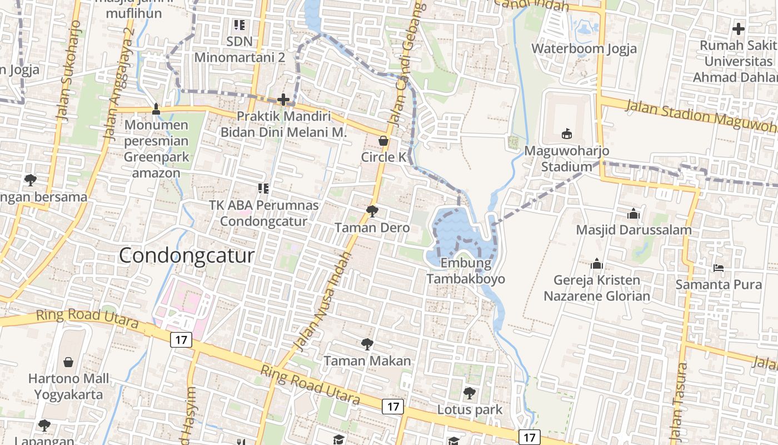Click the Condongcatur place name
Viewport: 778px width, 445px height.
click(187, 256)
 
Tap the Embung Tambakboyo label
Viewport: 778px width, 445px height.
click(466, 271)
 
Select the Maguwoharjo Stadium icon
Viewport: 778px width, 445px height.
click(566, 133)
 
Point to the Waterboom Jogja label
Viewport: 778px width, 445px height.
click(584, 48)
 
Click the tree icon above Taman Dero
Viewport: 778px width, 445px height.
click(372, 211)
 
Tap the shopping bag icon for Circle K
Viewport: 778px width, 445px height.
click(383, 141)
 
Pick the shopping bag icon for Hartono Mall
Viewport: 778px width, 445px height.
click(68, 363)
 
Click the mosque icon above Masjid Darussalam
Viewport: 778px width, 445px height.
click(633, 214)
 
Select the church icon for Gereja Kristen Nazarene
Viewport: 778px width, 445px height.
click(597, 264)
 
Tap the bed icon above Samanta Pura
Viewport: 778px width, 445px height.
click(718, 268)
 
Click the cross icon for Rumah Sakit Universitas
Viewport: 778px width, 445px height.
click(738, 29)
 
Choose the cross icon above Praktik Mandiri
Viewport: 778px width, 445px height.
click(283, 100)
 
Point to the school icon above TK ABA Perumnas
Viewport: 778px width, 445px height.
click(263, 189)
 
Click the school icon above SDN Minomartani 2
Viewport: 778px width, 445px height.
click(240, 24)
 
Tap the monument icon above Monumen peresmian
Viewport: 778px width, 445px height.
click(156, 108)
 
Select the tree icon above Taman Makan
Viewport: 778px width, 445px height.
click(367, 344)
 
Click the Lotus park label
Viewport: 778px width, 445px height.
click(470, 410)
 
